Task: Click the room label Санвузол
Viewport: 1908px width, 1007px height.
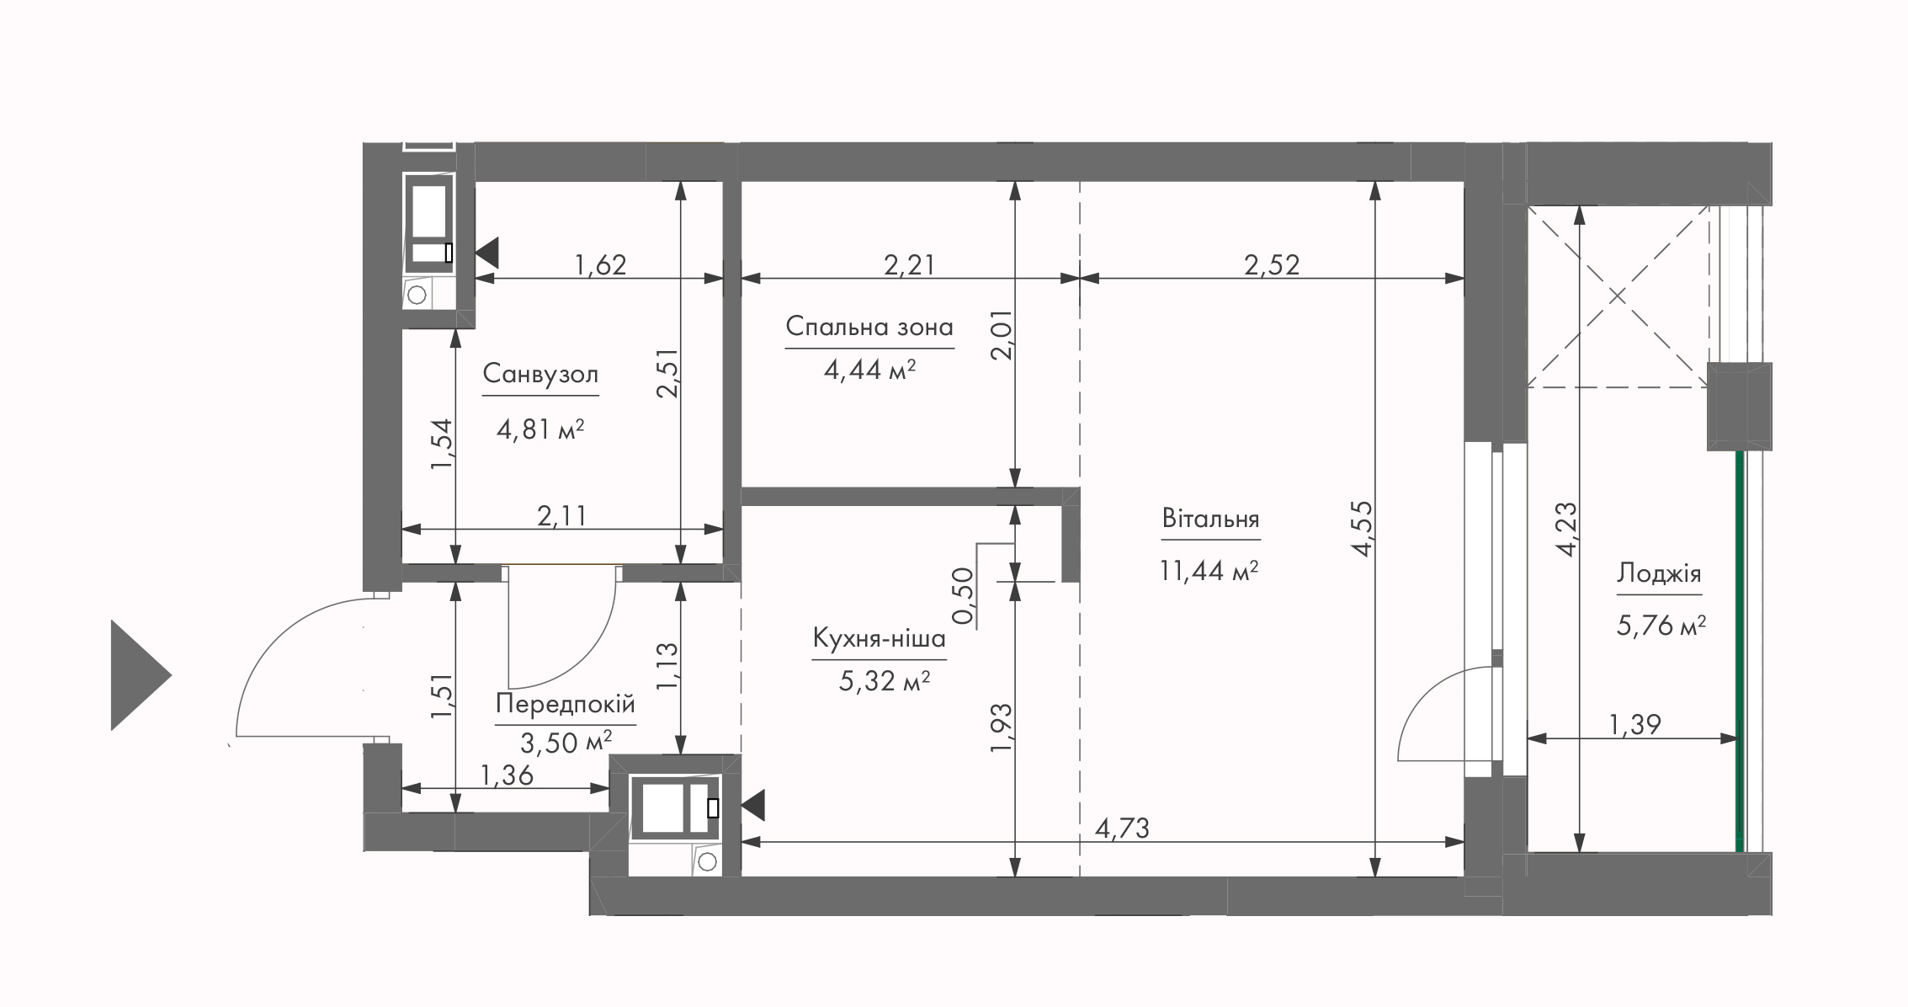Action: point(540,374)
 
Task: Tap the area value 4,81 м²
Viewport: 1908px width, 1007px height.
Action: point(540,429)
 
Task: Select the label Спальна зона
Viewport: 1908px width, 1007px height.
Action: point(869,327)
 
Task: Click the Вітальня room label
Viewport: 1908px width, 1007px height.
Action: point(1210,518)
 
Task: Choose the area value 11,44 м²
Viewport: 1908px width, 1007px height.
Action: point(1209,572)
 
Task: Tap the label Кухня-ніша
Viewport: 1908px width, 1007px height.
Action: point(879,639)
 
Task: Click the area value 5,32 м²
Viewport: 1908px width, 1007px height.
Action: point(884,680)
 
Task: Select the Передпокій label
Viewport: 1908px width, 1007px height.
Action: point(565,704)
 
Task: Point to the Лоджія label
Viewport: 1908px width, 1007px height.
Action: point(1658,574)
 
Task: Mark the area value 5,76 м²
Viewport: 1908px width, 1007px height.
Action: point(1661,626)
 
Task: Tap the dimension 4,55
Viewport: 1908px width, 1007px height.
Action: point(1363,529)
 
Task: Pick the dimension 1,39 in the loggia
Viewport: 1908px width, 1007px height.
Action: point(1635,724)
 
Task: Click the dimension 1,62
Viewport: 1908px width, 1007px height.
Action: point(600,265)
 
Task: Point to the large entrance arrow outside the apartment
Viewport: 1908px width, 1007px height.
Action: point(141,674)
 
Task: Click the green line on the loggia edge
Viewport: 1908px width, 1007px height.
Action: point(1739,652)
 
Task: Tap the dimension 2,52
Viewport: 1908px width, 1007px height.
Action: point(1272,265)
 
